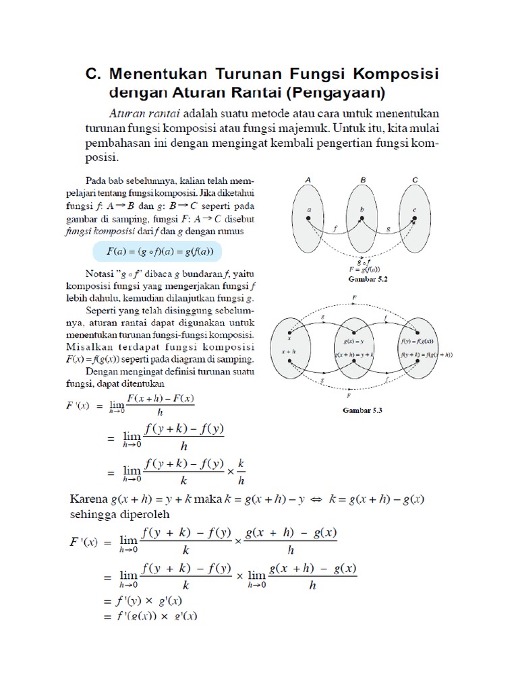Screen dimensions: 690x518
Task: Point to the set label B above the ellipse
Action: click(362, 181)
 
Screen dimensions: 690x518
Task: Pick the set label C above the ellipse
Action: click(415, 181)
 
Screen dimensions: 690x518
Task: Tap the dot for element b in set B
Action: click(362, 218)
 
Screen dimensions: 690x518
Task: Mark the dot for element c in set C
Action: click(414, 218)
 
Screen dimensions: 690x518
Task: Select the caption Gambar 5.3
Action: click(362, 410)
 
